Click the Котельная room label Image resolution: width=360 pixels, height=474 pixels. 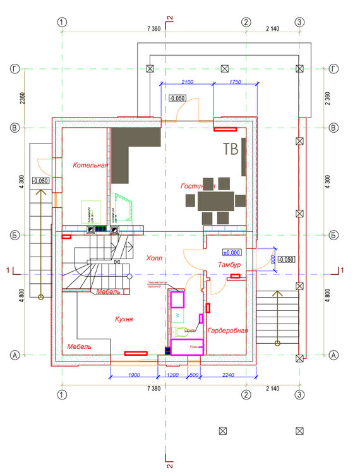point(90,166)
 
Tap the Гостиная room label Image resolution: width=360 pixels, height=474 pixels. point(198,186)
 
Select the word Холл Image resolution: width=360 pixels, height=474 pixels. point(154,258)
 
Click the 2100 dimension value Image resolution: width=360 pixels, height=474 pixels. point(187,83)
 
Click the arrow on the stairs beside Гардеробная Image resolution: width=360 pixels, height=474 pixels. point(277,316)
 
